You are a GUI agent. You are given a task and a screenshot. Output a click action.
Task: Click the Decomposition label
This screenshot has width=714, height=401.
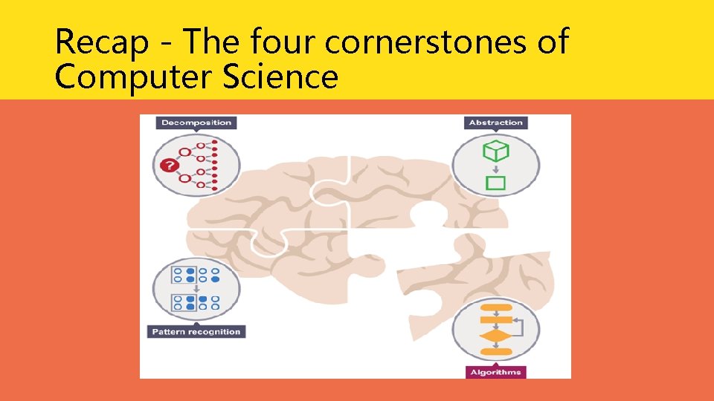click(x=196, y=123)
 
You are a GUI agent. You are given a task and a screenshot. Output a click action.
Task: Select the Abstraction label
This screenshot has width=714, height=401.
click(x=496, y=123)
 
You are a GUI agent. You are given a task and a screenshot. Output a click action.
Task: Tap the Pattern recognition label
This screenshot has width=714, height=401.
click(x=196, y=331)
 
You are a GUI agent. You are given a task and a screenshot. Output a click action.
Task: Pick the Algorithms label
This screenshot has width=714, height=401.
click(x=496, y=372)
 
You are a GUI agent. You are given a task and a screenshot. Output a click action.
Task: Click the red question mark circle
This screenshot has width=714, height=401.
click(x=170, y=165)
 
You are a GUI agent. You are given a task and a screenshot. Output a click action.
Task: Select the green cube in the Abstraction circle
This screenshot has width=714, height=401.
click(x=495, y=151)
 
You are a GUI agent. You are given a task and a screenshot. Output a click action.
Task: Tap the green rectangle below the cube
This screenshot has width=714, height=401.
click(x=495, y=183)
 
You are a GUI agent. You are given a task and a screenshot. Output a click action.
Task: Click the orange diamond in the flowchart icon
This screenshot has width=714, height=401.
click(x=495, y=336)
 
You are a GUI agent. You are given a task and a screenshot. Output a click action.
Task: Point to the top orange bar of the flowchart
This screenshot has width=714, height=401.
click(x=495, y=306)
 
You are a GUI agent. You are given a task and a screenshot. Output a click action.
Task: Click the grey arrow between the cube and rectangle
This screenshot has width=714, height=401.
click(x=495, y=169)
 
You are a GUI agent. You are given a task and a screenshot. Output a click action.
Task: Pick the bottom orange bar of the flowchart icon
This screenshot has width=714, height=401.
click(x=495, y=351)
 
